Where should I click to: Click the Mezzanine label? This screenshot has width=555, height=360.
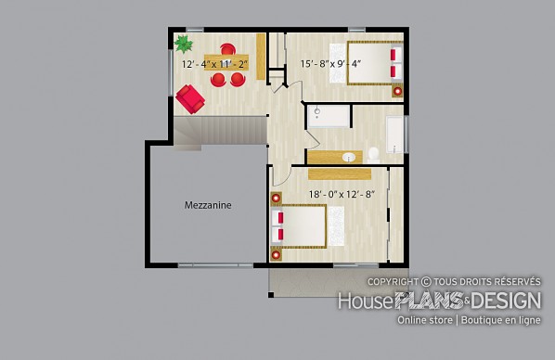tap(208, 205)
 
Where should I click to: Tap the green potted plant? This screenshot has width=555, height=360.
tap(184, 44)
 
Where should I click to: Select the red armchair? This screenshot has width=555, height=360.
tap(190, 98)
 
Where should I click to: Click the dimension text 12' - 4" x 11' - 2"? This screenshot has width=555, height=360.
tap(214, 64)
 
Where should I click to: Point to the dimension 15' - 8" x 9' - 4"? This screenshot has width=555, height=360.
tap(330, 64)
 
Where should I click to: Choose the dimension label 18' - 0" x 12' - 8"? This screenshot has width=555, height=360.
tap(342, 194)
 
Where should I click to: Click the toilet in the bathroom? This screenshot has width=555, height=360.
tap(373, 155)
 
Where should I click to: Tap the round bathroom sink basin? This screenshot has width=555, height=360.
tap(349, 157)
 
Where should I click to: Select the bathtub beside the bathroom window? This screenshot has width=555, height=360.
tap(394, 134)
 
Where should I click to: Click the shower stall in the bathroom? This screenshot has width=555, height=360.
tap(329, 116)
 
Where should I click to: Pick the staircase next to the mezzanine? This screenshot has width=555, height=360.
tap(219, 131)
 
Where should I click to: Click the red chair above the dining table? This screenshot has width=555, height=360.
tap(227, 48)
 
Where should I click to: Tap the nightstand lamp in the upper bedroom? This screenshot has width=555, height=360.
tap(397, 91)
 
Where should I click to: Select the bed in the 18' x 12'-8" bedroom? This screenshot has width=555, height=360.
tap(299, 226)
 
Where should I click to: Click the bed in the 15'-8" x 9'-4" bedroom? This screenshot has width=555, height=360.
tap(375, 63)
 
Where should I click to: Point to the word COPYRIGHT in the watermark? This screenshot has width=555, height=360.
tap(393, 282)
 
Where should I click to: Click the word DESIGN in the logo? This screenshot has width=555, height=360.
tap(506, 301)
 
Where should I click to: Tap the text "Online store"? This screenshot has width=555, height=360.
tap(425, 320)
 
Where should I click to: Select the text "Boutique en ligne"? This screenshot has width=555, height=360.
tap(501, 320)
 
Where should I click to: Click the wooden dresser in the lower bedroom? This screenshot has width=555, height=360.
tap(340, 174)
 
